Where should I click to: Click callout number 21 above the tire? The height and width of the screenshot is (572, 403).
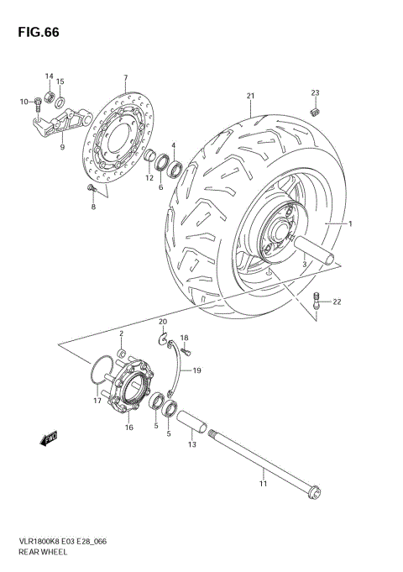[x=249, y=95]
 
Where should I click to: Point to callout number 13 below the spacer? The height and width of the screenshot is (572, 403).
[x=191, y=446]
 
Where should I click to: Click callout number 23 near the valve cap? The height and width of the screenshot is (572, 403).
[x=317, y=92]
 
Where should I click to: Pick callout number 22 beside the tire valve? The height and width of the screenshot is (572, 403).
[x=336, y=302]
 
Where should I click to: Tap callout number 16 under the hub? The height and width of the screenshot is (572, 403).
[x=129, y=428]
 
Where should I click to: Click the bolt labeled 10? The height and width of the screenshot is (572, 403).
[x=39, y=103]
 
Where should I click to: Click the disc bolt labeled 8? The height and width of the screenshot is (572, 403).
[x=90, y=192]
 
